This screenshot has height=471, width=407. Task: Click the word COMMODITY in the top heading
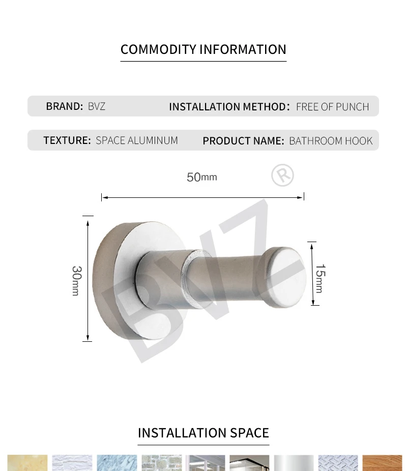click(158, 49)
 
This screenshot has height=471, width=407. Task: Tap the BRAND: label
click(64, 106)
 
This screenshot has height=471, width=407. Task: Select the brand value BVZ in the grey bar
click(97, 106)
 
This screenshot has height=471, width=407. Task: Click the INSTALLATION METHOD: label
click(229, 107)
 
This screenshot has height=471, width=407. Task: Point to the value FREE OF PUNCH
click(333, 107)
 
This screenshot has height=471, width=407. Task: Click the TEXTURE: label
click(67, 140)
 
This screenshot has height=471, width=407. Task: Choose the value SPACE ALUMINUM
click(137, 140)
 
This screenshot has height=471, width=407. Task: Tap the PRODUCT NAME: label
click(243, 140)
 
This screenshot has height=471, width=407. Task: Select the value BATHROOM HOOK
click(331, 140)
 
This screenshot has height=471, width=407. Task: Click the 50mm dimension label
click(202, 177)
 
